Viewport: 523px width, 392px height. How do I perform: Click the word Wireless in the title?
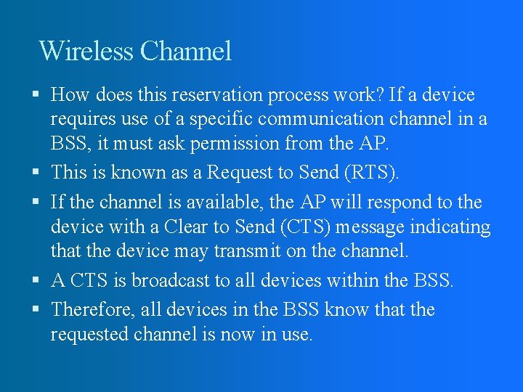pos(86,51)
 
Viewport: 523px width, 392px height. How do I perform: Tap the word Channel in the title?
pos(186,51)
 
